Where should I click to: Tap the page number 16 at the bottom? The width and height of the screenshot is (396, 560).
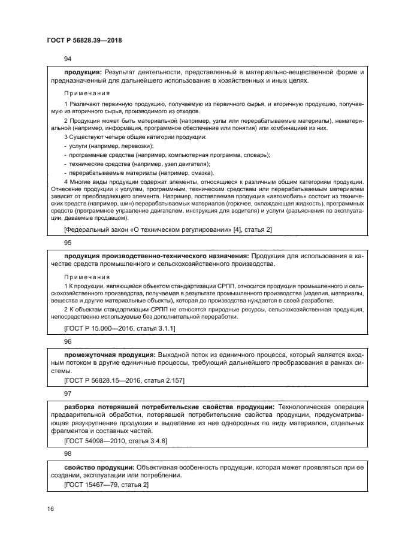coord(50,508)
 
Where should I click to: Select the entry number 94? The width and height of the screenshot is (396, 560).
coord(67,59)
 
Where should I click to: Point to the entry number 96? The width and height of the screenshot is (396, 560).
coord(67,341)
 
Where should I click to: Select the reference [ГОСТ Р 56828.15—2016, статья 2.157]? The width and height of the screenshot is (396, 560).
coord(124,380)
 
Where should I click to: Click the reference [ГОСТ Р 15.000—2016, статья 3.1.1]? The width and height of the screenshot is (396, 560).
coord(119,329)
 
